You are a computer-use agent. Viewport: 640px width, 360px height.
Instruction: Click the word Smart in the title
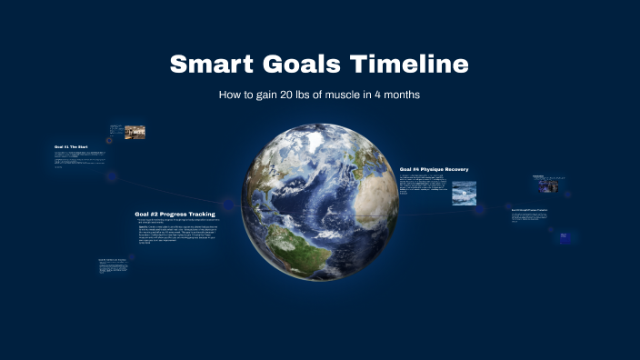pyautogui.click(x=211, y=65)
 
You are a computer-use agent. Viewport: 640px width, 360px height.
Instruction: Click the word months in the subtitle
pyautogui.click(x=399, y=95)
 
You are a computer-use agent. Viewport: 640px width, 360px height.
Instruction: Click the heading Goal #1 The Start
pyautogui.click(x=71, y=146)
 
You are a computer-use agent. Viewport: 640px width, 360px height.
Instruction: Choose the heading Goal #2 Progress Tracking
pyautogui.click(x=175, y=214)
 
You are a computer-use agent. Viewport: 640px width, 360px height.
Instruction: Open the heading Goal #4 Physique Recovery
pyautogui.click(x=435, y=169)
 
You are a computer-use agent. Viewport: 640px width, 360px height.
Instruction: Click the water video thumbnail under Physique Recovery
pyautogui.click(x=464, y=193)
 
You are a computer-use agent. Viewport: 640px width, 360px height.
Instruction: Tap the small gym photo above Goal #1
pyautogui.click(x=135, y=132)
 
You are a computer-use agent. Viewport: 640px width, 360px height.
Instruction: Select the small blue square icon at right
pyautogui.click(x=564, y=236)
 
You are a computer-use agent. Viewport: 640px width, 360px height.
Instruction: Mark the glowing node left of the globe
pyautogui.click(x=228, y=204)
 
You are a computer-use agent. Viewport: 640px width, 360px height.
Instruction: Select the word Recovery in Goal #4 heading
pyautogui.click(x=455, y=169)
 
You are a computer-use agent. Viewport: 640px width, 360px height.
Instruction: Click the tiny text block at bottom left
pyautogui.click(x=112, y=266)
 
